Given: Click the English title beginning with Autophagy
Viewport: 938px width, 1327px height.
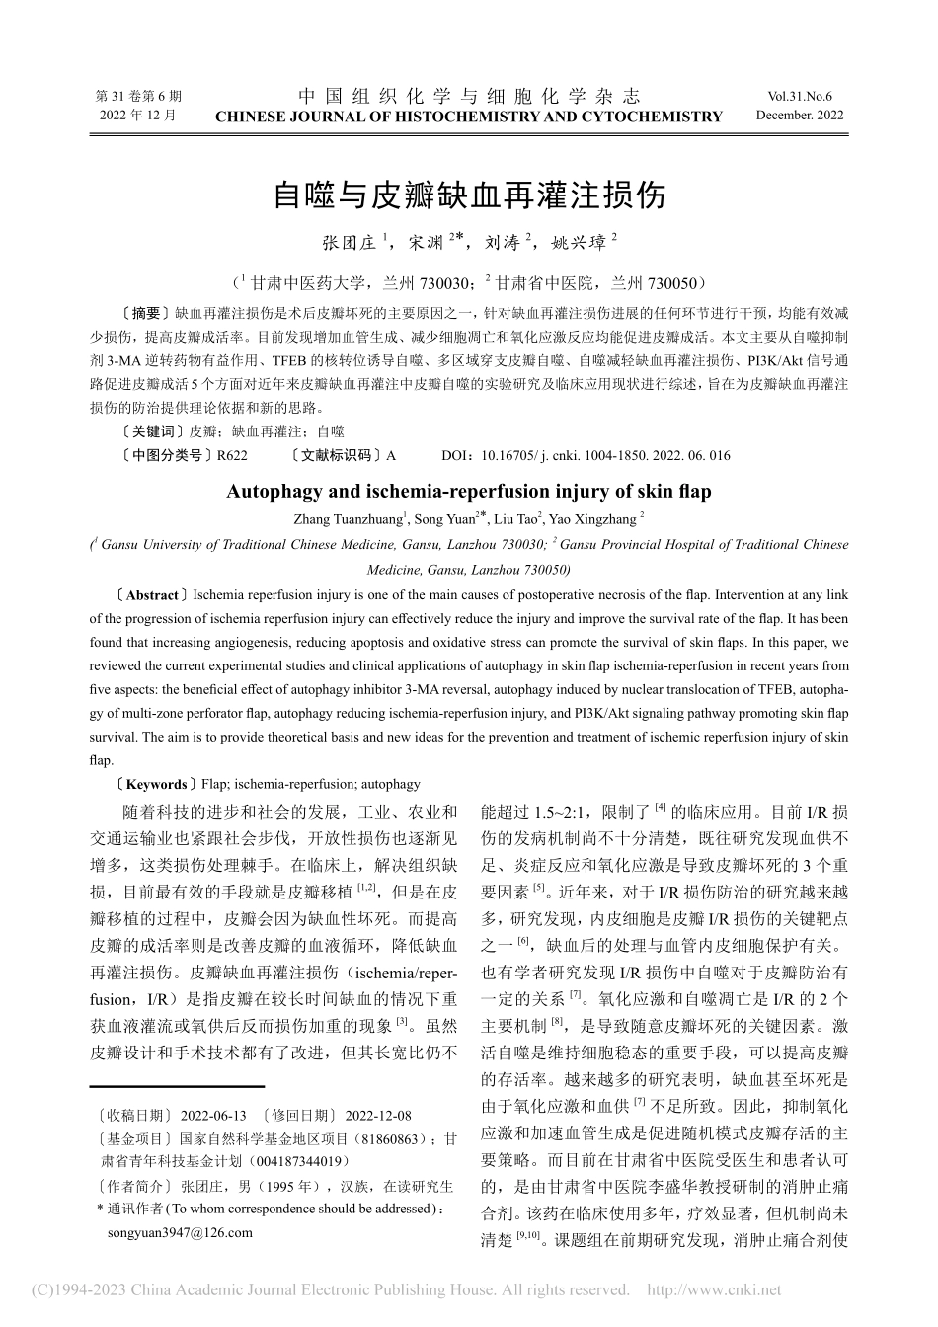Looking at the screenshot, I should tap(469, 491).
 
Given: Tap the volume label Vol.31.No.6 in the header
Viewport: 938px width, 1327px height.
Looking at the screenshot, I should tap(799, 97).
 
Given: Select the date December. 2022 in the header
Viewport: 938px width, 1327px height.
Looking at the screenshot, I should tap(800, 116).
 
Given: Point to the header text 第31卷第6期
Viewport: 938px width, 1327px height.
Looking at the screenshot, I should tap(138, 97).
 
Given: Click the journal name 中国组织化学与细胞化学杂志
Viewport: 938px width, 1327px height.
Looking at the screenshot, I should tap(469, 96).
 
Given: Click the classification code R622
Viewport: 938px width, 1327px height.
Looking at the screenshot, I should tap(232, 455).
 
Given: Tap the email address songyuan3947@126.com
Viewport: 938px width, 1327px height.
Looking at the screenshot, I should tap(179, 1232).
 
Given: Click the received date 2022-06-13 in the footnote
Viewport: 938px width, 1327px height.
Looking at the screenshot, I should tap(213, 1115).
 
